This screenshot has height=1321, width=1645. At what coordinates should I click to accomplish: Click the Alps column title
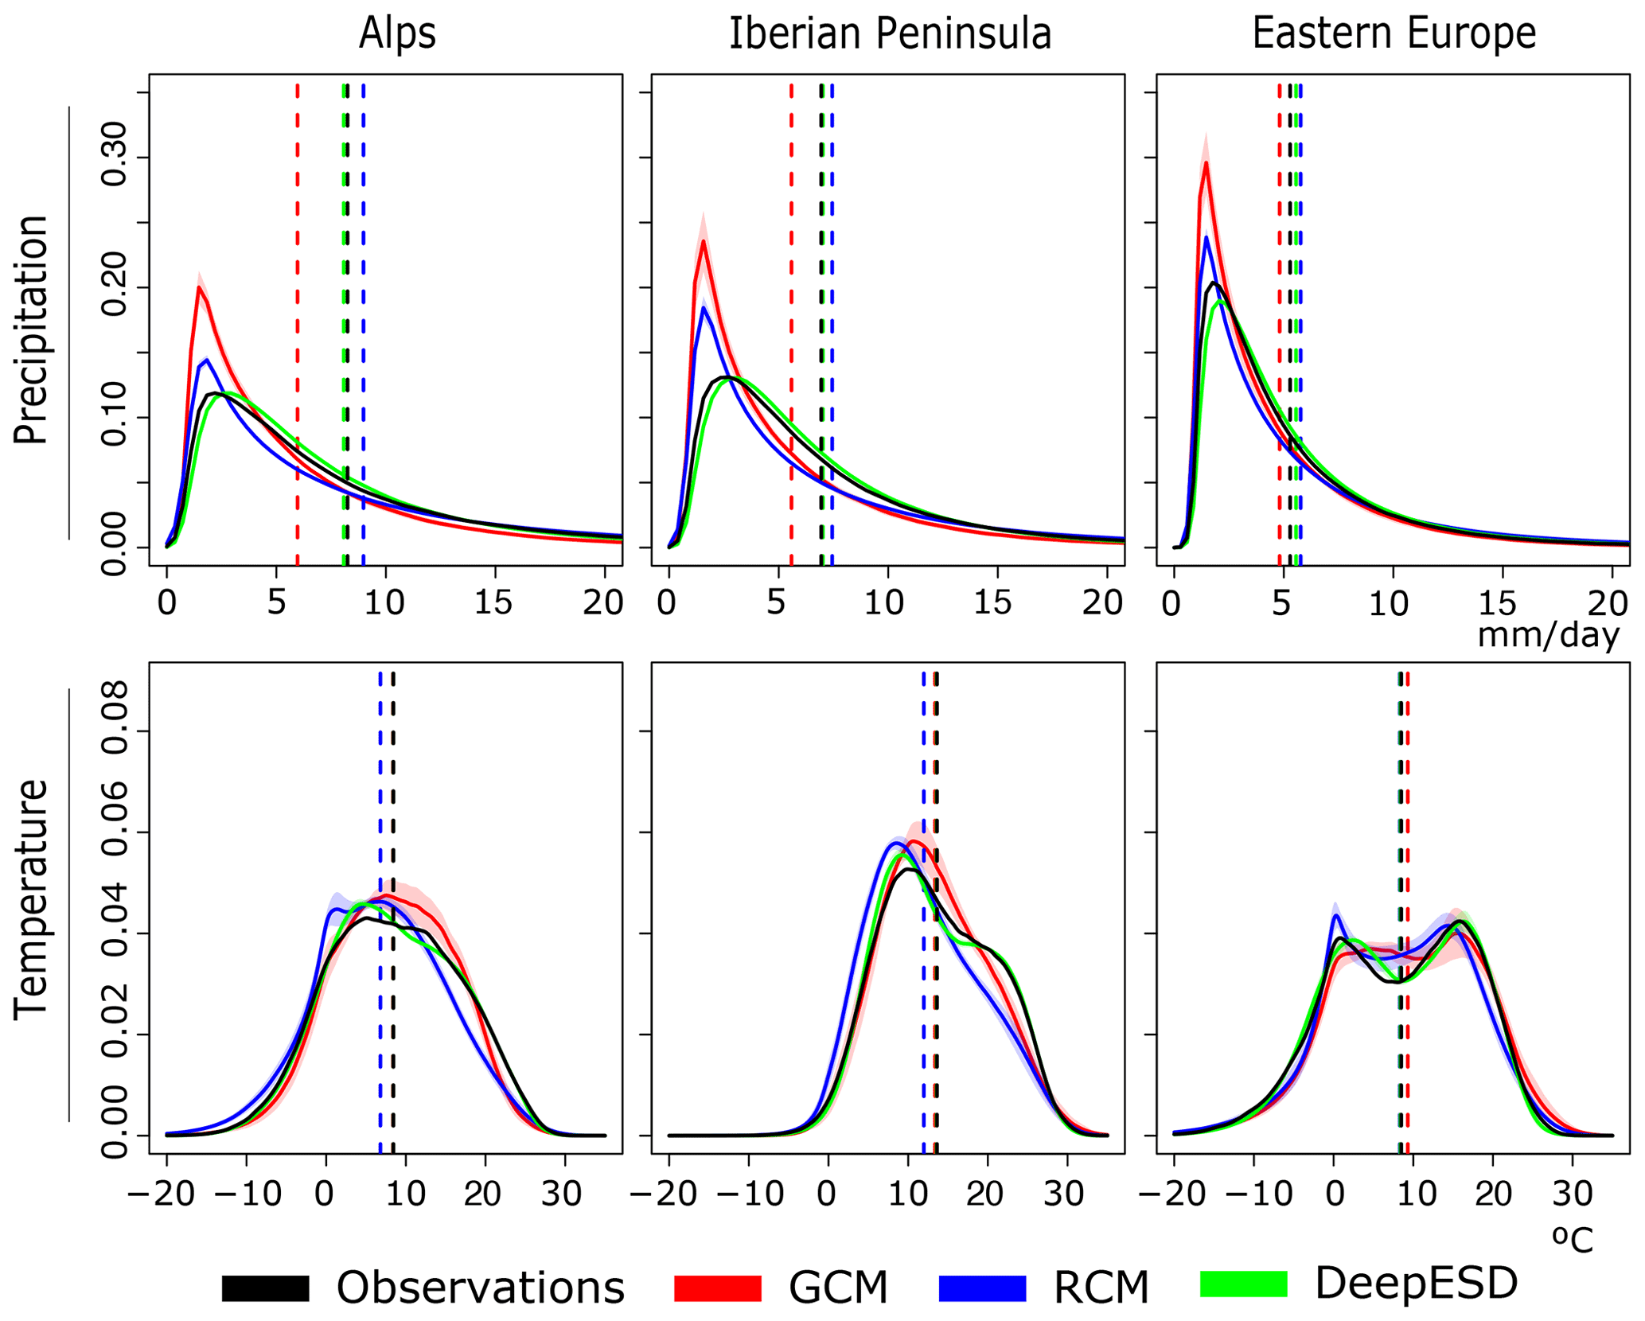coord(397,33)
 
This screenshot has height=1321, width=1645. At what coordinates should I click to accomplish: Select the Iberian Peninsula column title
coord(890,33)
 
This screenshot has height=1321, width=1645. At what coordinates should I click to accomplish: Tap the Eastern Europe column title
coord(1394,33)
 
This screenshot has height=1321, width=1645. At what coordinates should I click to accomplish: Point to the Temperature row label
coord(32,898)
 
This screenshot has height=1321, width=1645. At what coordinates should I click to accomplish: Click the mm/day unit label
coord(1548,635)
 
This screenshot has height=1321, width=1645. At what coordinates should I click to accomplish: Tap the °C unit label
coord(1573,1240)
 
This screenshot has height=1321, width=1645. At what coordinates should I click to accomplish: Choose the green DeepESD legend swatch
coord(1243,1284)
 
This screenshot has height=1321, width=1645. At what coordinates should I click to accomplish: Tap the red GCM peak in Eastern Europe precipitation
coord(1206,163)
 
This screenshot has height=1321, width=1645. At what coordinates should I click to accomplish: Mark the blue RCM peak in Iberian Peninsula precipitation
coord(704,308)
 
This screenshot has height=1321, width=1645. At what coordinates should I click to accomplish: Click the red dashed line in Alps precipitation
coord(298,318)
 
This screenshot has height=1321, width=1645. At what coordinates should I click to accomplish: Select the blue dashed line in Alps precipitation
coord(364,318)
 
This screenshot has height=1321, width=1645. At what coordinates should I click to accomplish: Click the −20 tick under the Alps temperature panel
coord(166,1194)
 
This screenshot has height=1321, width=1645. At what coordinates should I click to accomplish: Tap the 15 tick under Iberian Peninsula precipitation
coord(992,603)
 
